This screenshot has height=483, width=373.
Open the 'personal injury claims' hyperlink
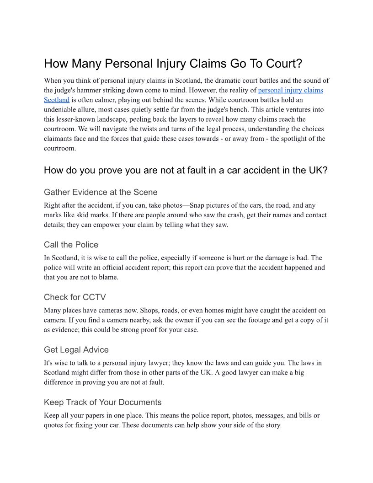pos(290,90)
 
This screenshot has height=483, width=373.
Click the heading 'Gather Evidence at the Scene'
pos(101,192)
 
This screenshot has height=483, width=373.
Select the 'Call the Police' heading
pos(71,245)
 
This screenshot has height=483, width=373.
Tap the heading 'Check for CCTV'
pos(75,297)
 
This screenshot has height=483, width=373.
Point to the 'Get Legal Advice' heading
pos(76,350)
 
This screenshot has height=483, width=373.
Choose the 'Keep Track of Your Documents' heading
pos(103,402)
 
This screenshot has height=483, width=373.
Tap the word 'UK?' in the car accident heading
pos(318,171)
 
